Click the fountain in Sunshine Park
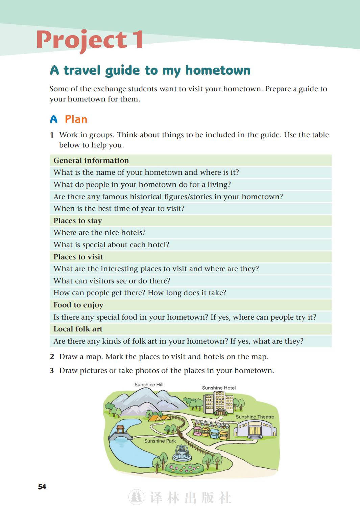pyautogui.click(x=182, y=453)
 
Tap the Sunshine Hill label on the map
pyautogui.click(x=149, y=385)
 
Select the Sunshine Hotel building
pyautogui.click(x=219, y=403)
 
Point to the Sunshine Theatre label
pyautogui.click(x=255, y=417)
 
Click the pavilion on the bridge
pyautogui.click(x=120, y=430)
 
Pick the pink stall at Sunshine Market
pyautogui.click(x=197, y=431)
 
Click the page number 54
pyautogui.click(x=42, y=487)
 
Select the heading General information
pyautogui.click(x=91, y=160)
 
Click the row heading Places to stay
pyautogui.click(x=77, y=221)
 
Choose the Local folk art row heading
pyautogui.click(x=78, y=329)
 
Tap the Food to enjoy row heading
pyautogui.click(x=78, y=305)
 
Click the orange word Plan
pyautogui.click(x=76, y=119)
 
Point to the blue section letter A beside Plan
pyautogui.click(x=54, y=119)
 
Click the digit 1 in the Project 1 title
pyautogui.click(x=138, y=40)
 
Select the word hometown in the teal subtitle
pyautogui.click(x=218, y=70)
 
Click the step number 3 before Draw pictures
pyautogui.click(x=52, y=371)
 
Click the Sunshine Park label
pyautogui.click(x=160, y=441)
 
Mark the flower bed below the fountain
pyautogui.click(x=184, y=468)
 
